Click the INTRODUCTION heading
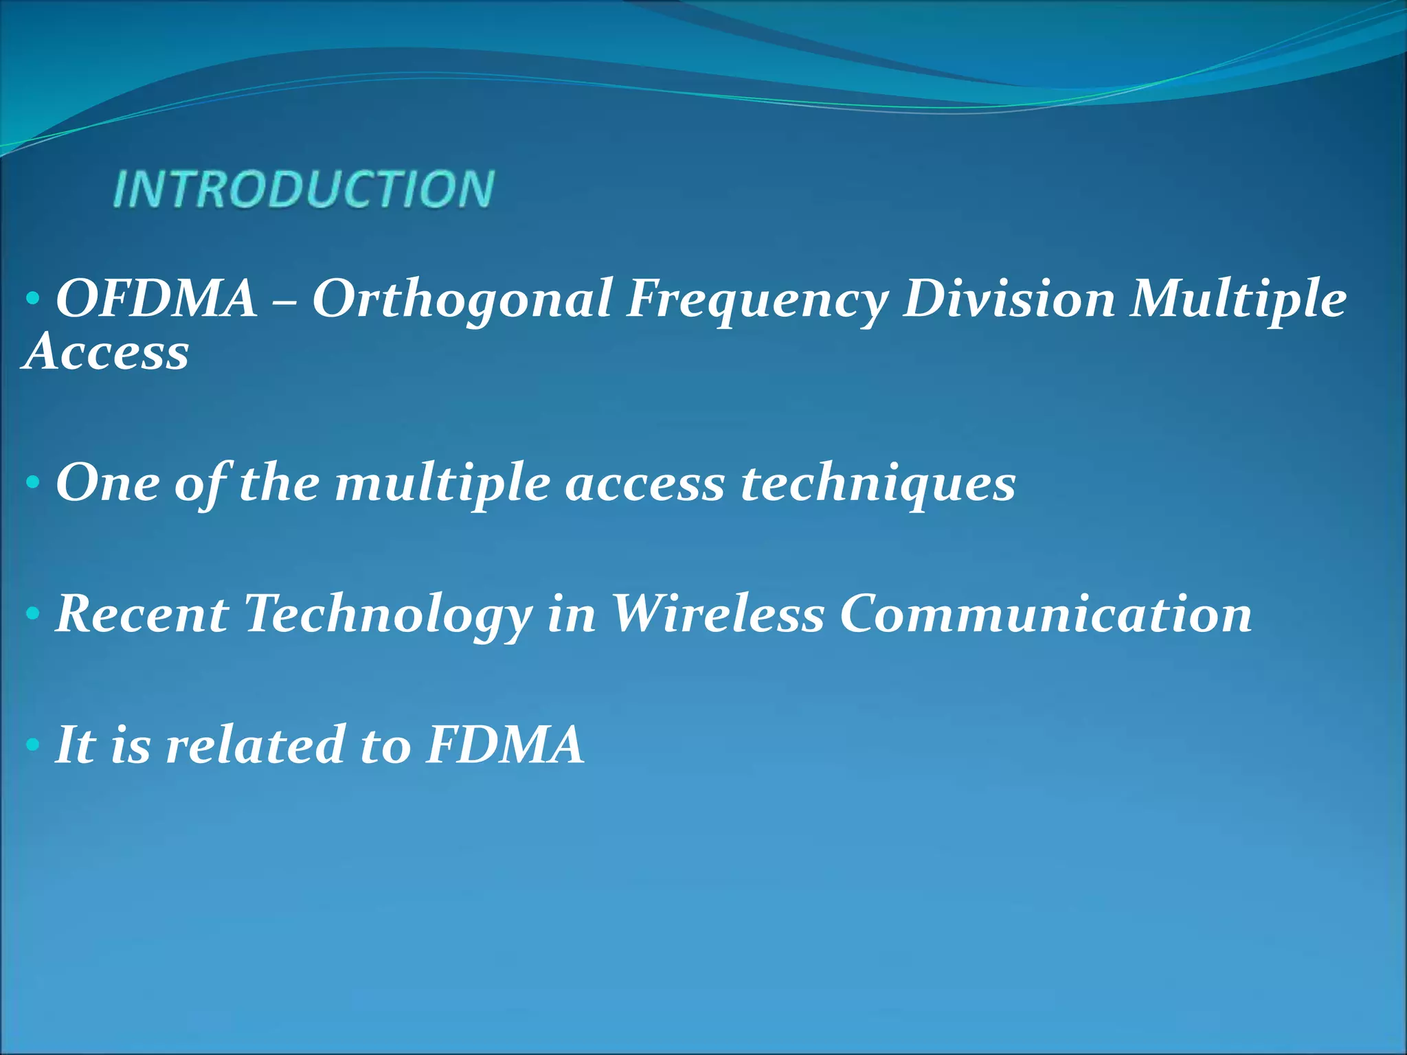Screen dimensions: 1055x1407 tap(303, 189)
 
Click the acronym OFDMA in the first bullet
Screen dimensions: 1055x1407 tap(157, 299)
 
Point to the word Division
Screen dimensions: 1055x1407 tap(1009, 299)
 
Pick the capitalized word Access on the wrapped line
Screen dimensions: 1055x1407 tap(106, 352)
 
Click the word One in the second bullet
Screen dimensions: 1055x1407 tap(108, 483)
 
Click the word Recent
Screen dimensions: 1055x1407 tap(142, 614)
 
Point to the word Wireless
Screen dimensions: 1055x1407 tap(717, 614)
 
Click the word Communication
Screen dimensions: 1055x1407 tap(1046, 614)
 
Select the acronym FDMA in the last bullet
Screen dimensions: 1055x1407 tap(505, 745)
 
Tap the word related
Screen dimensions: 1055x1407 tap(255, 745)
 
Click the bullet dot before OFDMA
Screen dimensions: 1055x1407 tap(32, 299)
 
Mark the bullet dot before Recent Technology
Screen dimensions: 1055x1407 tap(32, 614)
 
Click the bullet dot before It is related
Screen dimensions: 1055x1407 tap(32, 745)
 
